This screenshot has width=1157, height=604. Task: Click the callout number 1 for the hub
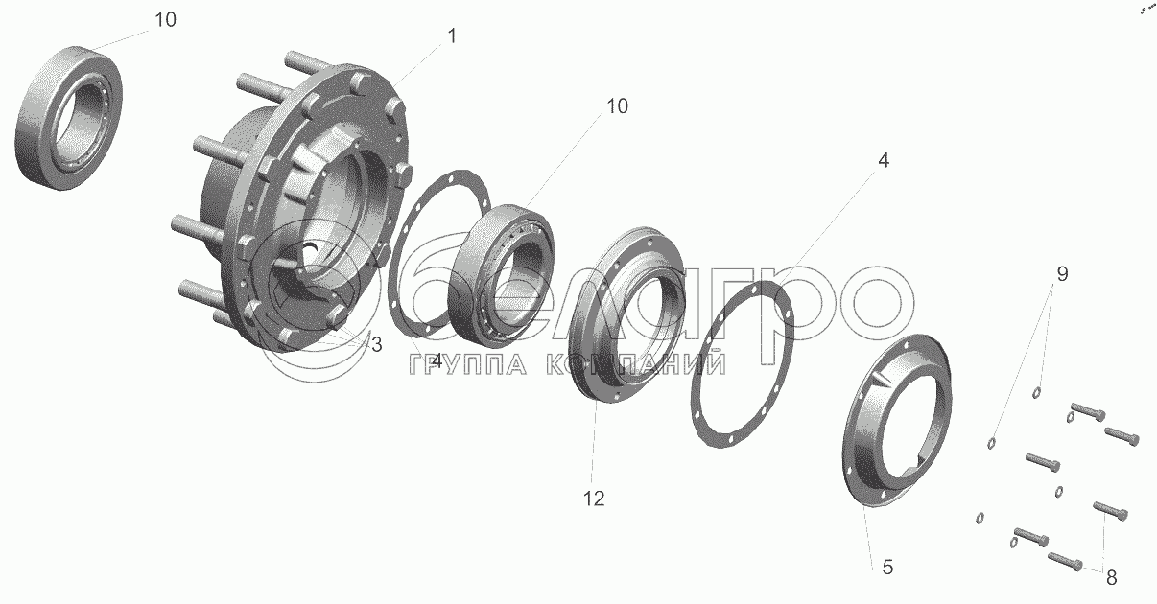452,36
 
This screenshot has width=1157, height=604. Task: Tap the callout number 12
594,499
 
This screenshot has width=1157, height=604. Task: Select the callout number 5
887,568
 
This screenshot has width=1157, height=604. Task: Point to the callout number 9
1062,273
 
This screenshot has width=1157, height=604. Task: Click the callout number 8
1112,577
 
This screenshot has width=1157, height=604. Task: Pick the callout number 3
377,344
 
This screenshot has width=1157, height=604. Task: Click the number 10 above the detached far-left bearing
165,19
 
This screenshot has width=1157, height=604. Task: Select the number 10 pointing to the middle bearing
617,105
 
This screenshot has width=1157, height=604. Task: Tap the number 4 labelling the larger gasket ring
884,160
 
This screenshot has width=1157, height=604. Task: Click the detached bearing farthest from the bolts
69,118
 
